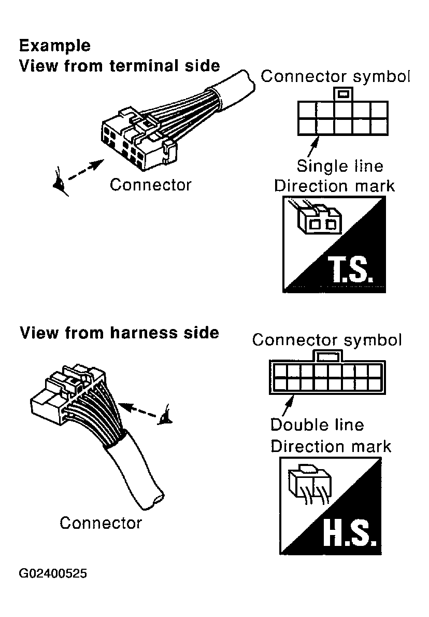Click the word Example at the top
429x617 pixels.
point(54,46)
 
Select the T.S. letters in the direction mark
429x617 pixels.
point(350,270)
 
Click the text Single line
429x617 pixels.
point(340,166)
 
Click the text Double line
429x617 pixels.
point(317,424)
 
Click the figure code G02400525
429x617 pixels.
point(53,573)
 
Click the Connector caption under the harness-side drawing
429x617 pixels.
point(101,523)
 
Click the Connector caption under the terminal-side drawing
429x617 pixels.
point(150,185)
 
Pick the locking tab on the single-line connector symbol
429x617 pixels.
point(343,94)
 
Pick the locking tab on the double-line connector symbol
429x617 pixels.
point(328,355)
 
